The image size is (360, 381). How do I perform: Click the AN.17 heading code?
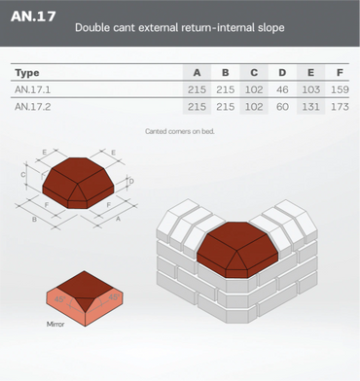click(x=33, y=17)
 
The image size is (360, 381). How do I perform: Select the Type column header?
click(x=27, y=73)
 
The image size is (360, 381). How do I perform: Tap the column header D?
click(x=282, y=73)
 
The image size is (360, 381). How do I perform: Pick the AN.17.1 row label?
click(x=32, y=89)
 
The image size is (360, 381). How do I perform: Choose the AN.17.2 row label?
click(x=32, y=107)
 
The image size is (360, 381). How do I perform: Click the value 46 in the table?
click(x=282, y=89)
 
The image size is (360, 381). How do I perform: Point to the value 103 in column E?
click(x=311, y=89)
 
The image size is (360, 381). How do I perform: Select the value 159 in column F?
click(x=340, y=89)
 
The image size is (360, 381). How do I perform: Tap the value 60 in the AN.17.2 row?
click(x=282, y=107)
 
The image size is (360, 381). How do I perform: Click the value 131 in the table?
click(x=311, y=107)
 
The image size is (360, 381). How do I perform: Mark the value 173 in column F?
click(x=340, y=107)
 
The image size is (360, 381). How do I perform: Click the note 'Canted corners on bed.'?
click(x=180, y=131)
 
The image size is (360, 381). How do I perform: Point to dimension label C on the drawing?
click(x=23, y=175)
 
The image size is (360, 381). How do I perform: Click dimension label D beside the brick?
click(x=131, y=182)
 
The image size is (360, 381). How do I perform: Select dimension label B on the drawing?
click(x=34, y=220)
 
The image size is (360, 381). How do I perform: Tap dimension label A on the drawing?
click(x=118, y=219)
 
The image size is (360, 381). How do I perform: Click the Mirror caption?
click(x=55, y=324)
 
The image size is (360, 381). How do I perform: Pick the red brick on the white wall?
click(x=237, y=250)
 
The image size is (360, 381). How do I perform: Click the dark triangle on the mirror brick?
click(x=85, y=304)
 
